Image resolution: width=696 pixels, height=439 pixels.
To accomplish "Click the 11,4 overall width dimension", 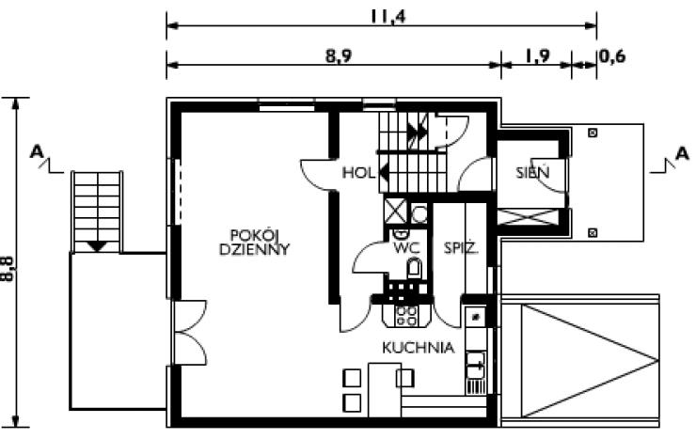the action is tap(388, 16).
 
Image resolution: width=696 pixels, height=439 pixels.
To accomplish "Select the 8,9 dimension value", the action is tap(339, 56).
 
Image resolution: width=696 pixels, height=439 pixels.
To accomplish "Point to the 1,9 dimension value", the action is tap(538, 56).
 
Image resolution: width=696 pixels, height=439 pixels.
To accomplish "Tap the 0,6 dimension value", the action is tap(612, 56).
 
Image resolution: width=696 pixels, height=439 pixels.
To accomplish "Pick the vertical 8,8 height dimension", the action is tap(8, 269).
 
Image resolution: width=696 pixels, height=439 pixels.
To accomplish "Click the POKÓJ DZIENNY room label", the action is tap(254, 243).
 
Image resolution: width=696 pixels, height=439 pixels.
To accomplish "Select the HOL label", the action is tap(358, 172).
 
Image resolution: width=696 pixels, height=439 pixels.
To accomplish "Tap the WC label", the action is tap(406, 248).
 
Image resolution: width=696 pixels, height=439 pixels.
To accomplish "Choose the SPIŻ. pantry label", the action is tap(461, 247).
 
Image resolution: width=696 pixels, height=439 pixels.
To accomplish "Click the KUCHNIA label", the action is tap(419, 348).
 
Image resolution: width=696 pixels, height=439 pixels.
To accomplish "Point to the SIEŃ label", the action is tap(532, 172).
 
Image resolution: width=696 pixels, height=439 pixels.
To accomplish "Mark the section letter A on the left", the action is tap(37, 152).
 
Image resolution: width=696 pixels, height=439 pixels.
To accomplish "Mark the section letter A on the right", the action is tap(682, 153).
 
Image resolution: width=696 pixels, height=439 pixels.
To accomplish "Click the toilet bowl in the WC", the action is tap(414, 269).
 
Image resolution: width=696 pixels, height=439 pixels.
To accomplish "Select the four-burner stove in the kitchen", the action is tap(406, 316).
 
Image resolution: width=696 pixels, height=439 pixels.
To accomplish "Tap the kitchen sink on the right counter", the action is tap(475, 366).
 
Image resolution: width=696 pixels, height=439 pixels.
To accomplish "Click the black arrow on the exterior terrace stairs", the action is tap(97, 246).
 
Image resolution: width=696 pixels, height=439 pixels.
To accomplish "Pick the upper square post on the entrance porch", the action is tap(593, 133).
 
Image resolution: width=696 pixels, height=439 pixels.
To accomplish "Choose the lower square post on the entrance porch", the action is tap(593, 232).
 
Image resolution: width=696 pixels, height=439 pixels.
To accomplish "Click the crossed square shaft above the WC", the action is tap(395, 211).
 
